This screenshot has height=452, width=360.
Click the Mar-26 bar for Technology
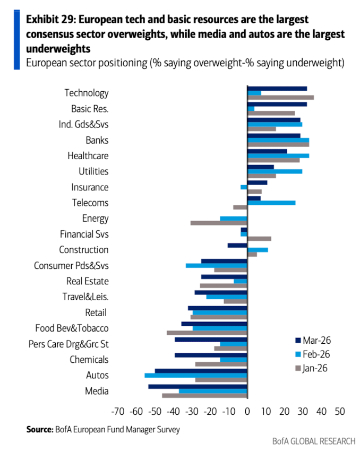[277, 89]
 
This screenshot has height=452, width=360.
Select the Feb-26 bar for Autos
[196, 375]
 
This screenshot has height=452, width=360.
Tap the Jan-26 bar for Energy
[219, 223]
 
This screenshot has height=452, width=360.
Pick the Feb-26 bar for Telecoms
[271, 203]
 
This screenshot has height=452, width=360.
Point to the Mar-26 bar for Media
[198, 386]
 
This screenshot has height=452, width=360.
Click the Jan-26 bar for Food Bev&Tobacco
[207, 333]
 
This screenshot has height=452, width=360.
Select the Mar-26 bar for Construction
[237, 245]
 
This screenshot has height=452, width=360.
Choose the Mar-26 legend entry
[315, 340]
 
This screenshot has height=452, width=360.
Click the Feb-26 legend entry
[315, 354]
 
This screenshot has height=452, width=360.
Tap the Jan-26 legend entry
[315, 368]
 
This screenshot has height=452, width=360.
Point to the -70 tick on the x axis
[117, 411]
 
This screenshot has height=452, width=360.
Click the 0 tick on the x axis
[247, 411]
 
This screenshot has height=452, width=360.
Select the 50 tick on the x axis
[340, 411]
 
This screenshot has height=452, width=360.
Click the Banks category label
[97, 141]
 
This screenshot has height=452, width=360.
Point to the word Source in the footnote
[39, 430]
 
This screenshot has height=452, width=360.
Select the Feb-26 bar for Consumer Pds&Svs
[216, 265]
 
